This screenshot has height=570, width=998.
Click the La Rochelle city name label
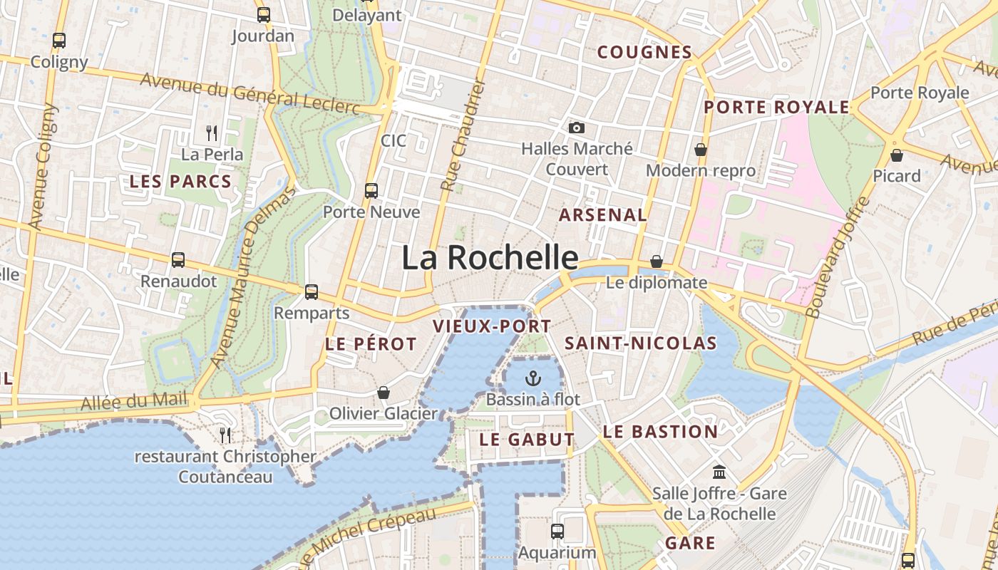[x=490, y=257]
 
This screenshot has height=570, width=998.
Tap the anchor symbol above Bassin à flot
[x=533, y=378]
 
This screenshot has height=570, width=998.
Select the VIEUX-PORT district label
[x=492, y=326]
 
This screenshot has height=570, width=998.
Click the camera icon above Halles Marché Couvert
[x=577, y=128]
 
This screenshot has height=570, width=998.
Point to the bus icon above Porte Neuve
[x=371, y=191]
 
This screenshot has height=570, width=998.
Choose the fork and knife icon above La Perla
[x=212, y=133]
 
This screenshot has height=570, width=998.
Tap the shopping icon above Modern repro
[x=701, y=150]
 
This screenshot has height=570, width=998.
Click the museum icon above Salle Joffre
[x=719, y=472]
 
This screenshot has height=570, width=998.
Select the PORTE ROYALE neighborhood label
[x=776, y=108]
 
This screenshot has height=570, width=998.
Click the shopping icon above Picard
[x=897, y=155]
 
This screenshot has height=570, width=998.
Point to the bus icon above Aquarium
[x=557, y=532]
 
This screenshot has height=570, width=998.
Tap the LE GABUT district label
[x=527, y=440]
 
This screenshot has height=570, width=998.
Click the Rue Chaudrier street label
[x=463, y=135]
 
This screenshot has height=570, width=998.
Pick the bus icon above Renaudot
[x=178, y=260]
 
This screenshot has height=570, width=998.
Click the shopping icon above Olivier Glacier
[x=384, y=393]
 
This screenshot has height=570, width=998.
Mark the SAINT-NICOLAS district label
[x=640, y=343]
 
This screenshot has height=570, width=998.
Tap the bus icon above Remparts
[x=312, y=291]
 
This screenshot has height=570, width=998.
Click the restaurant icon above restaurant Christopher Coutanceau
[x=225, y=435]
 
